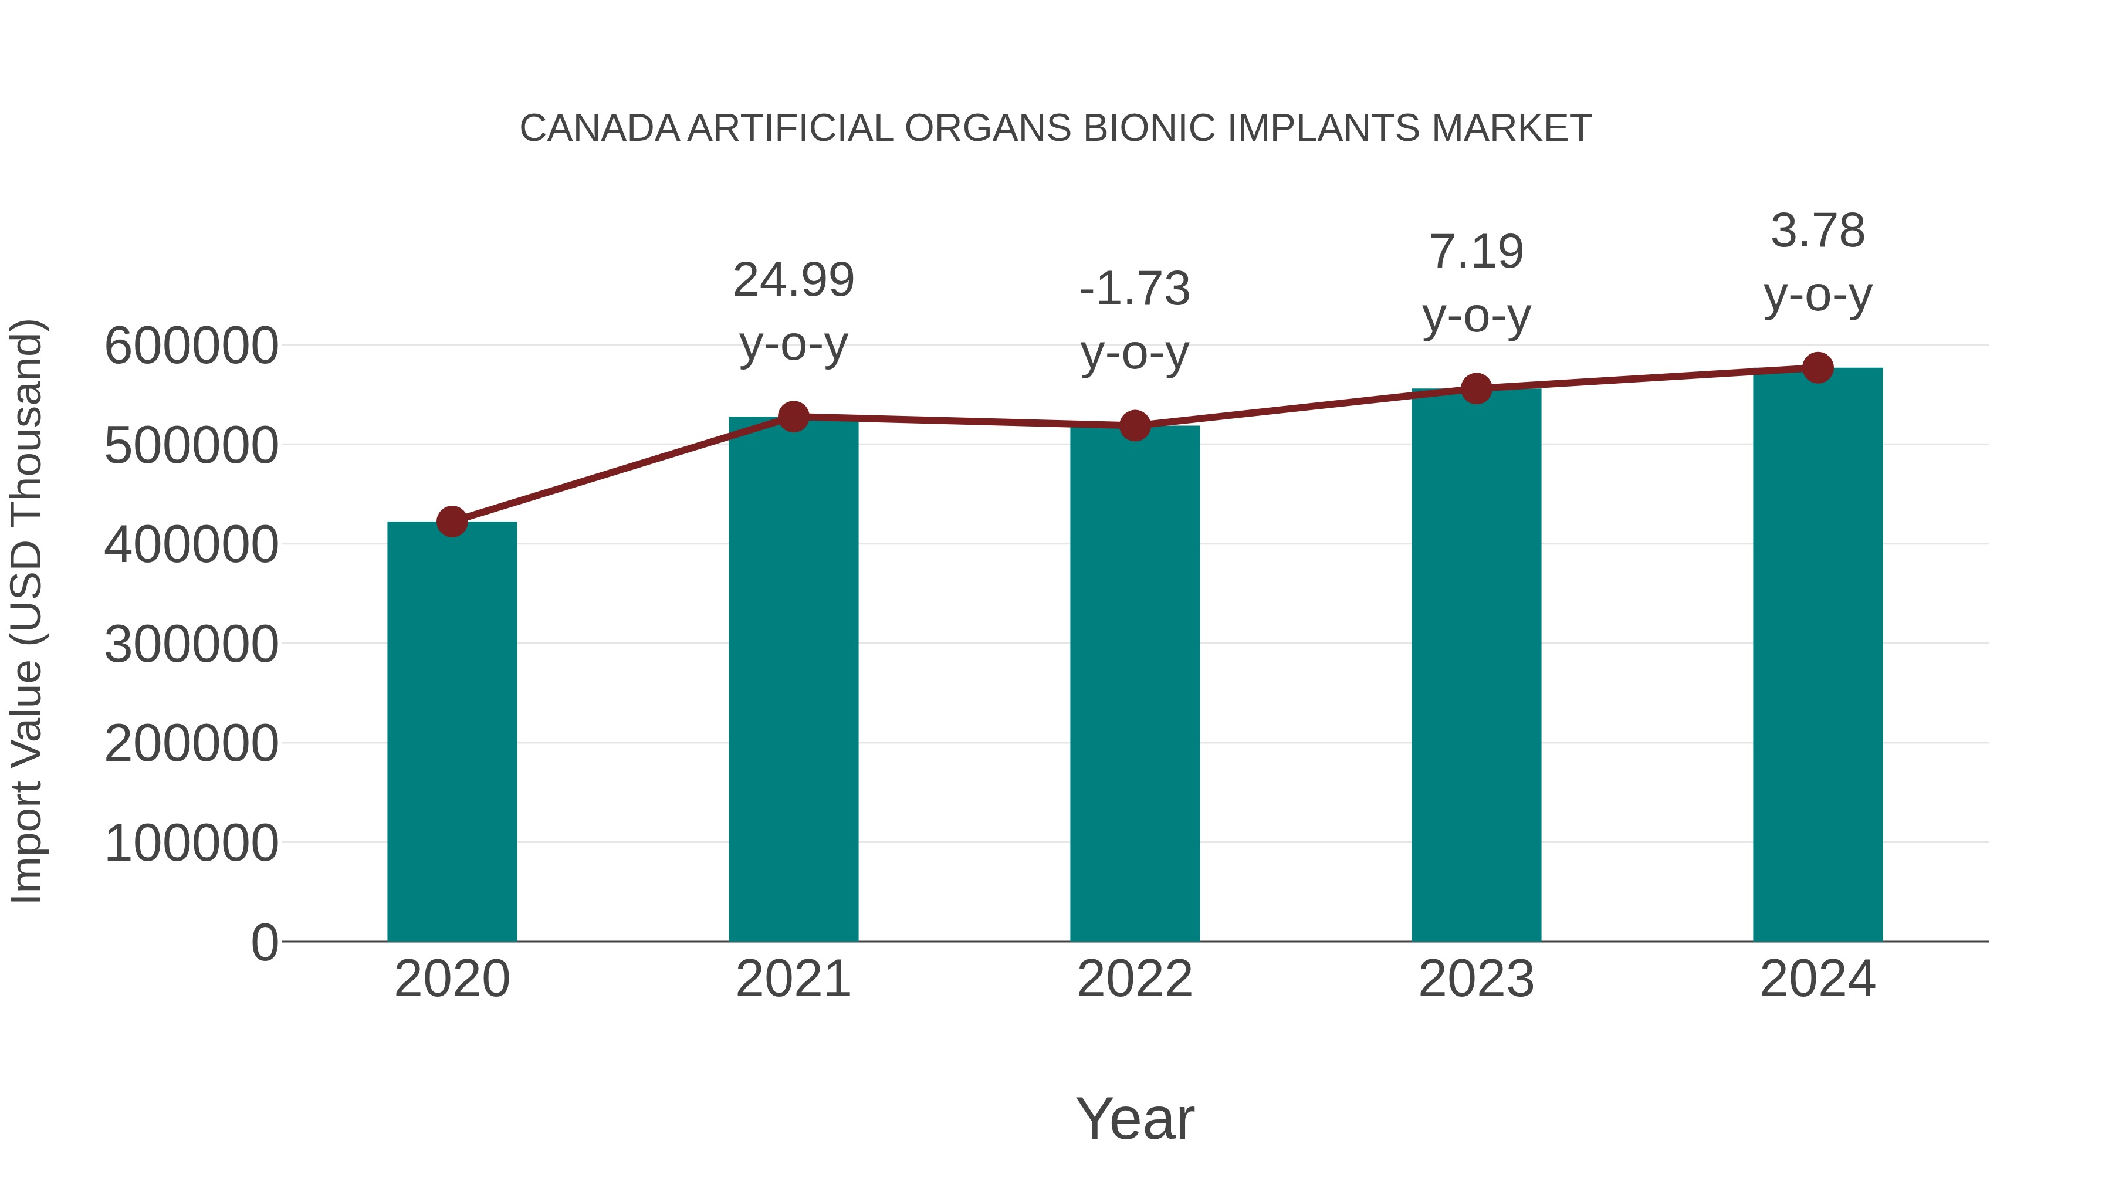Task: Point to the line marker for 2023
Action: [x=1476, y=388]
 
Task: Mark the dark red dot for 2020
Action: [x=452, y=522]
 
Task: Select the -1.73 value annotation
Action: [x=1135, y=289]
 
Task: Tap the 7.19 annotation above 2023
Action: [x=1476, y=252]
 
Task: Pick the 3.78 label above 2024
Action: [x=1817, y=231]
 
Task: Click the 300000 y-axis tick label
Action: [x=191, y=644]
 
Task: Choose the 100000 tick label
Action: [x=191, y=843]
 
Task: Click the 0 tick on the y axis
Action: [x=264, y=942]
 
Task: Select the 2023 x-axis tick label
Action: [x=1476, y=979]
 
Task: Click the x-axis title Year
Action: [x=1135, y=1118]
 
